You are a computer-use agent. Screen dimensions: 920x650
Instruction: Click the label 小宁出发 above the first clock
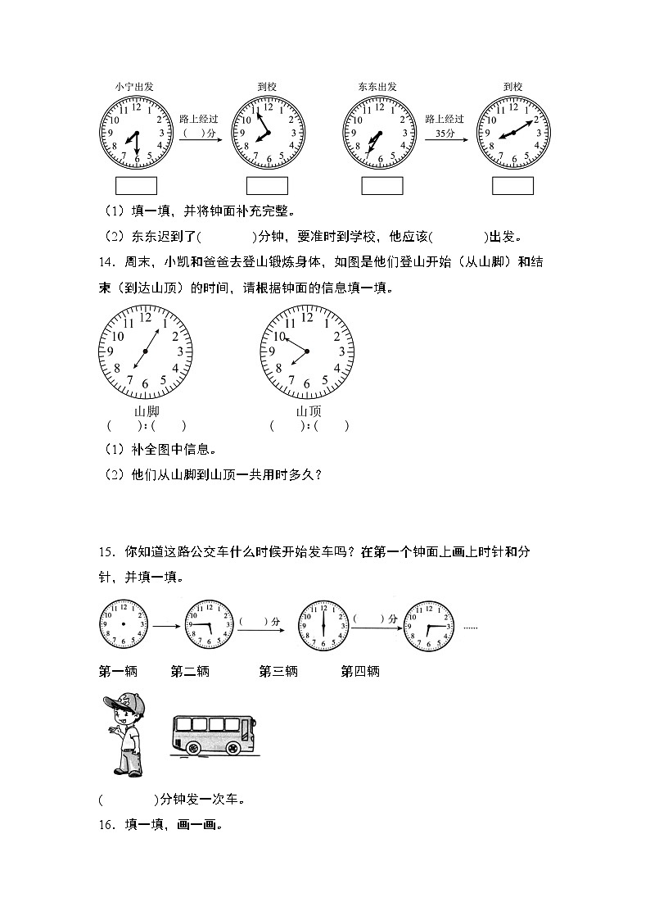(134, 85)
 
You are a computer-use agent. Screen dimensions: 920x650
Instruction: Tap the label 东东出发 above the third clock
(377, 85)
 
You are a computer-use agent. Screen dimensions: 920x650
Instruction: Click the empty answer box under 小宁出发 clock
(136, 186)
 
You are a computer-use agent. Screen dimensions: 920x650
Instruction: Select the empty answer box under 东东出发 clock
(382, 186)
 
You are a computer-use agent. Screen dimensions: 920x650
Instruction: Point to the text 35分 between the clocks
(445, 133)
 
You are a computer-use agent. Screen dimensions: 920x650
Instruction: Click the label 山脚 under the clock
(146, 411)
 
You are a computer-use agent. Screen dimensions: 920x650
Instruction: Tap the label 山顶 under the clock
(308, 411)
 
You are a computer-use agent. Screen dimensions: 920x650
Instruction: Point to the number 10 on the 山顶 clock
(279, 337)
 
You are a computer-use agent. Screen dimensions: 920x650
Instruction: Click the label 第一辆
(118, 672)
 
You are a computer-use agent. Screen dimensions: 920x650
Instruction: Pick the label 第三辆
(278, 672)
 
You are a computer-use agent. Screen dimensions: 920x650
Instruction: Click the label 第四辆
(360, 672)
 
